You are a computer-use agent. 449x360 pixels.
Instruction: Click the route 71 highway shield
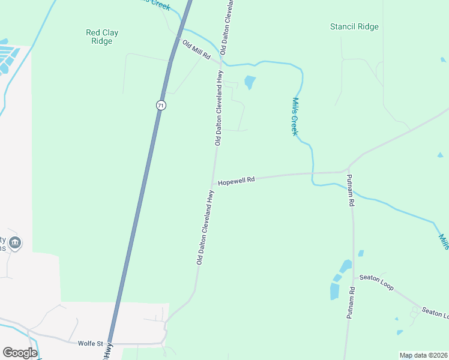pyautogui.click(x=160, y=105)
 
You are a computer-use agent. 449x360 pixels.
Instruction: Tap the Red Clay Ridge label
pyautogui.click(x=102, y=37)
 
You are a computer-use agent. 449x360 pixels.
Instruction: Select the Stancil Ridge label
pyautogui.click(x=354, y=26)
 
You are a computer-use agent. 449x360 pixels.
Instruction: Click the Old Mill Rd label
pyautogui.click(x=196, y=52)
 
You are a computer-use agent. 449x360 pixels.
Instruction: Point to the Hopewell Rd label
pyautogui.click(x=237, y=180)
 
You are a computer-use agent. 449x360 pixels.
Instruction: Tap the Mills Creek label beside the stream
pyautogui.click(x=295, y=116)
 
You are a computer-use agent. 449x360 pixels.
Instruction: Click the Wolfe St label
pyautogui.click(x=87, y=344)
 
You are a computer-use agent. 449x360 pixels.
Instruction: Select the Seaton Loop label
pyautogui.click(x=376, y=283)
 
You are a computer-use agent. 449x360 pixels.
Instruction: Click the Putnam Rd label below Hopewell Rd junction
pyautogui.click(x=350, y=191)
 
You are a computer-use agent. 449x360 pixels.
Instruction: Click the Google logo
pyautogui.click(x=20, y=353)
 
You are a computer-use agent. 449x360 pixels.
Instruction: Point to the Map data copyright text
pyautogui.click(x=424, y=355)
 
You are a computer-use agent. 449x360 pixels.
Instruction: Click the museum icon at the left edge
pyautogui.click(x=16, y=243)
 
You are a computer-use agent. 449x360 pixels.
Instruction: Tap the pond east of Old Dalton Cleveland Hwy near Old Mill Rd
pyautogui.click(x=250, y=82)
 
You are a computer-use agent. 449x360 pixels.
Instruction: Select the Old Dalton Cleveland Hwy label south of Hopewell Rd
pyautogui.click(x=205, y=227)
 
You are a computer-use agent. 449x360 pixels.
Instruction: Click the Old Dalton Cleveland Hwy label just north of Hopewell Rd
pyautogui.click(x=219, y=114)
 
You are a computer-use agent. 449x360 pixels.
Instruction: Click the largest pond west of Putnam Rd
pyautogui.click(x=334, y=291)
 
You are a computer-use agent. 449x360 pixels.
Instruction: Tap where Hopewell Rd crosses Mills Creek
pyautogui.click(x=312, y=173)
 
